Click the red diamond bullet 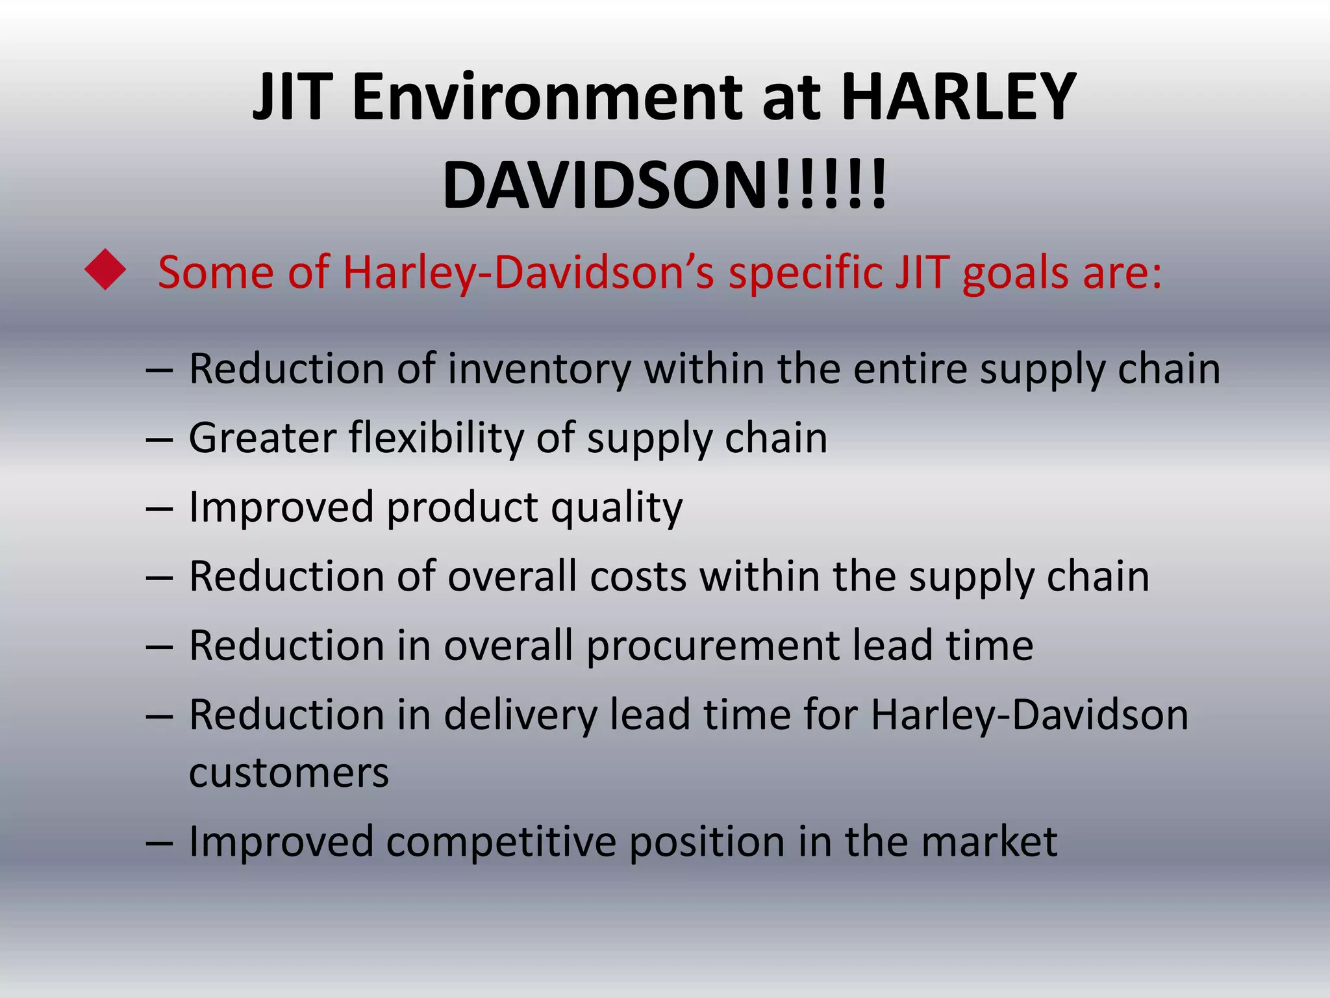pos(105,270)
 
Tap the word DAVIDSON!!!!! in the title pos(664,186)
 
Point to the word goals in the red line pos(1015,273)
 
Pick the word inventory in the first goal pos(539,370)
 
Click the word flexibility pos(436,438)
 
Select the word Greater pos(262,438)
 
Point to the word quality pos(616,508)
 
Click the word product pos(462,508)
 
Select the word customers pos(289,773)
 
